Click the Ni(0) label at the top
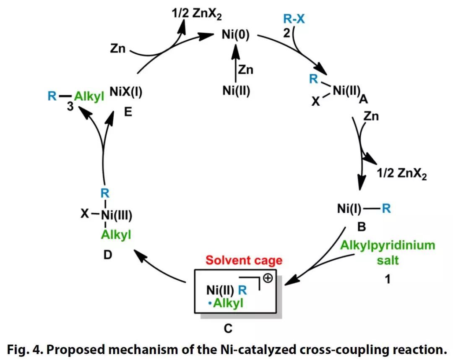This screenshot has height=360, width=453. [235, 35]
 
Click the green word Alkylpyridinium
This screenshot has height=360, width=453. [388, 245]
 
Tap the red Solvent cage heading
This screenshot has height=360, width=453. [244, 261]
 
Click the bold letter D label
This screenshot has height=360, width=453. [108, 254]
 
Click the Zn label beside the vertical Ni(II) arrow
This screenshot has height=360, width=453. [245, 69]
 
